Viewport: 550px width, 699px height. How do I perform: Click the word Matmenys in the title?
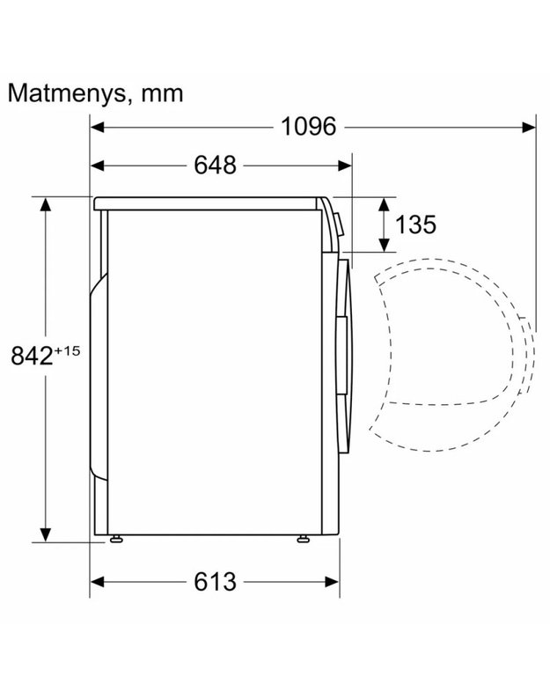click(x=66, y=94)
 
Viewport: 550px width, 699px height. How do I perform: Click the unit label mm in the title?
click(x=162, y=94)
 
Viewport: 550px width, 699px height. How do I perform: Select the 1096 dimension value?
click(x=308, y=127)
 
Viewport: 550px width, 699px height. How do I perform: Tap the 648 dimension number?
click(x=215, y=166)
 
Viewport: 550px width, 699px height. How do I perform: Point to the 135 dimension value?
click(x=415, y=224)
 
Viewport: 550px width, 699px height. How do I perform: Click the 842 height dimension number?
click(x=32, y=356)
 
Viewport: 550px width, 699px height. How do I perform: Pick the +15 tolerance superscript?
click(x=67, y=351)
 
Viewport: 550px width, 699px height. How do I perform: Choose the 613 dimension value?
click(x=215, y=582)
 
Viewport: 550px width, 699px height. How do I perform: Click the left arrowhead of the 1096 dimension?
click(x=97, y=128)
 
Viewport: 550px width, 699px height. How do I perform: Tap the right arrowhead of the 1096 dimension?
click(x=529, y=128)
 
